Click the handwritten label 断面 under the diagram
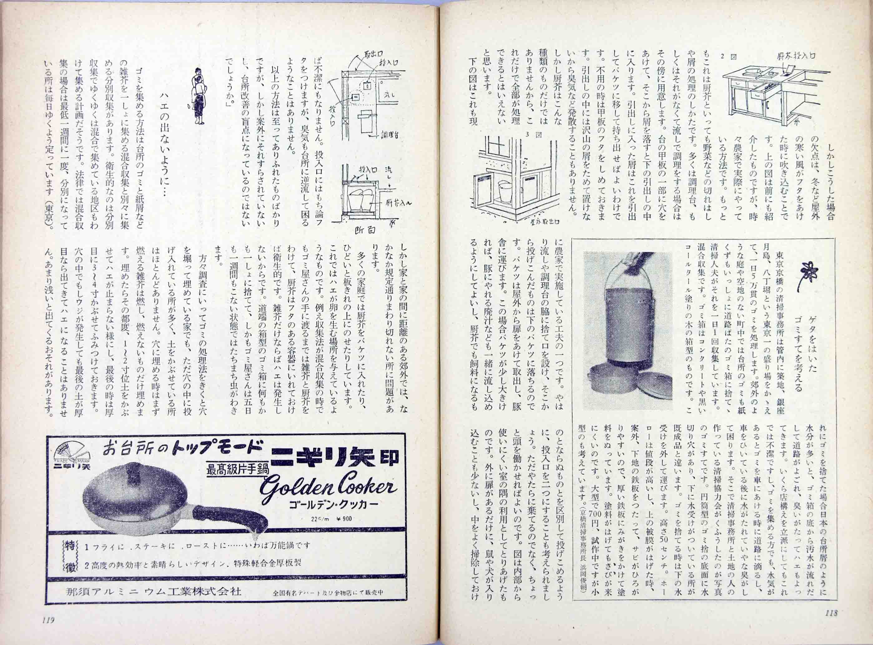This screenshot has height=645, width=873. [365, 230]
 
